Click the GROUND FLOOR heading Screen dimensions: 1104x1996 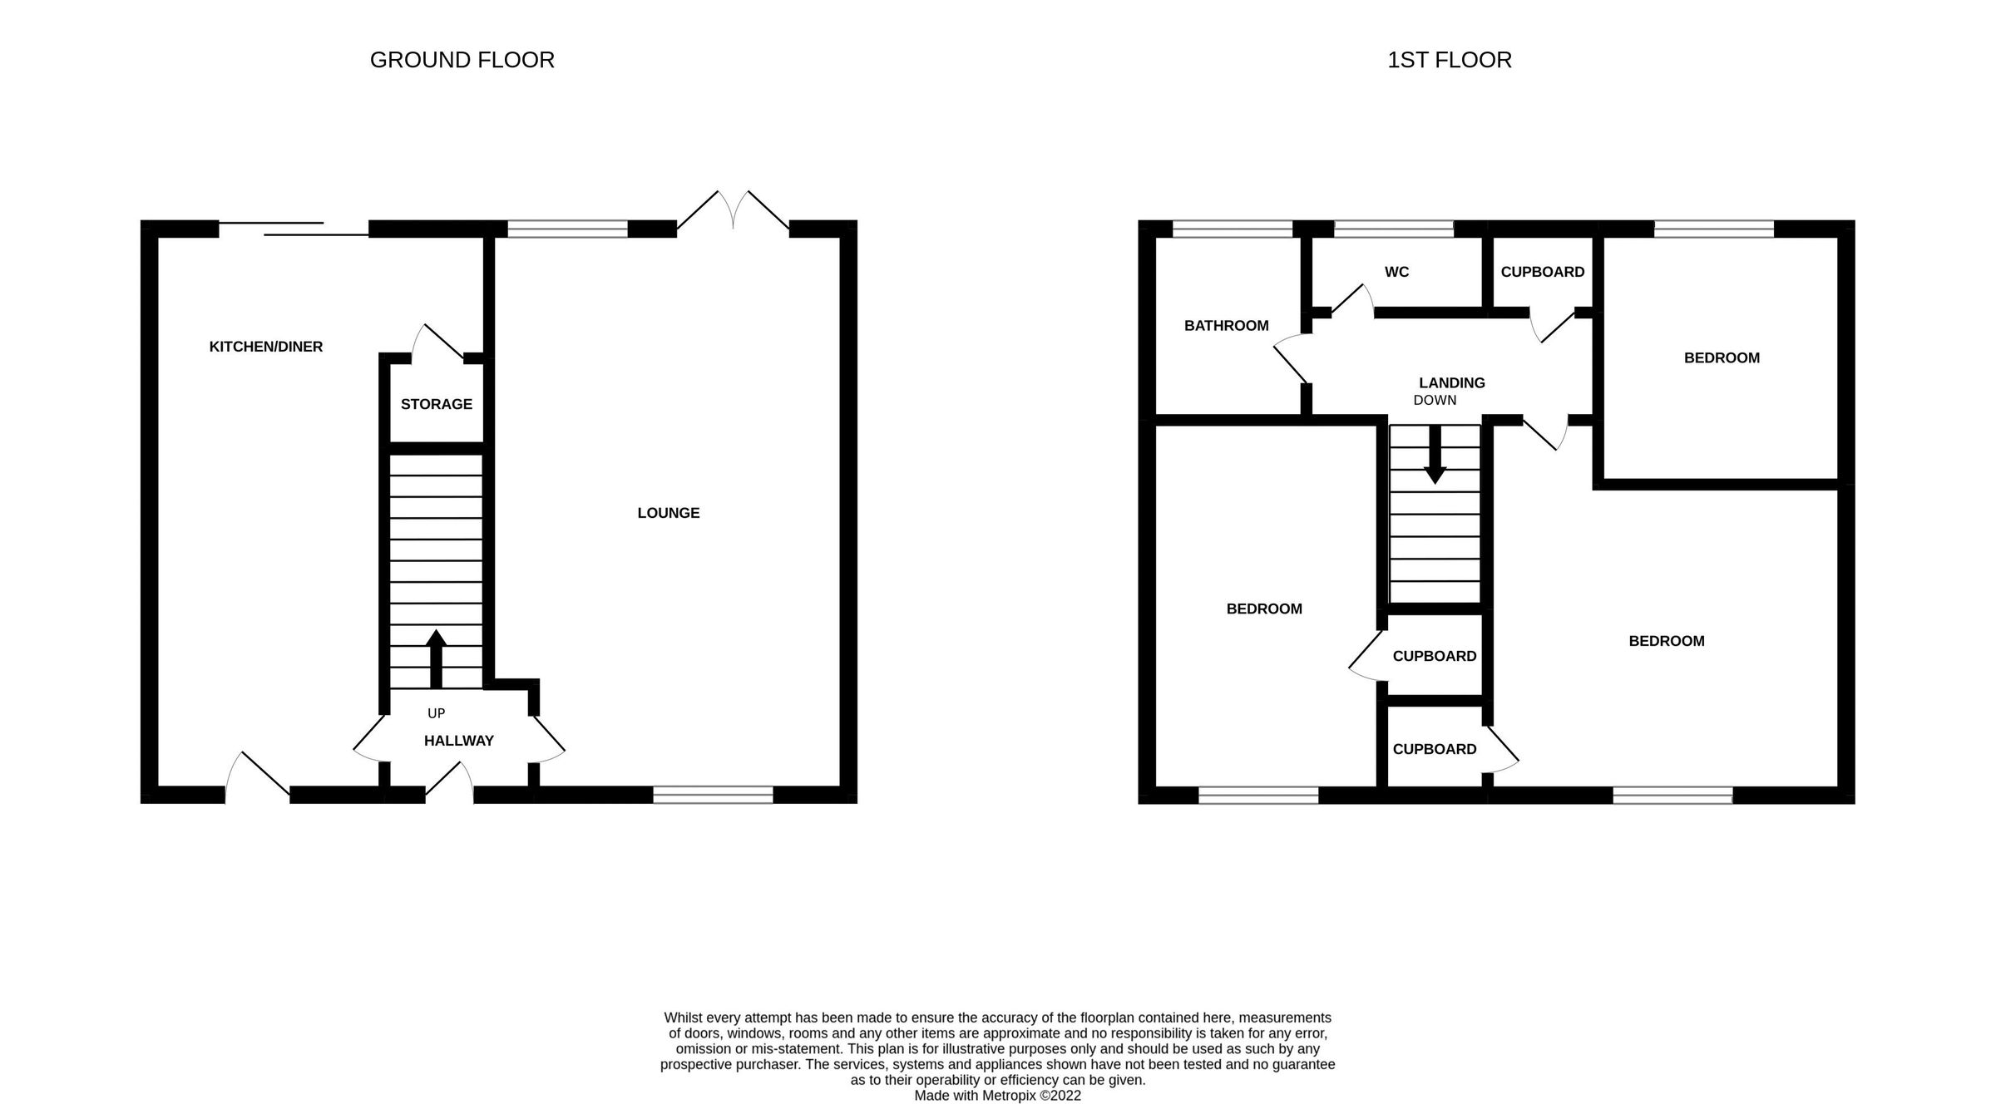pyautogui.click(x=462, y=60)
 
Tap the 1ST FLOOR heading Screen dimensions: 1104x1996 pyautogui.click(x=1449, y=60)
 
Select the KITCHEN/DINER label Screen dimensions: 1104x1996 pyautogui.click(x=265, y=347)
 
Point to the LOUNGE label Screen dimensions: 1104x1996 pyautogui.click(x=668, y=513)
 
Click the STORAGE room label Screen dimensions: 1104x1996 pyautogui.click(x=436, y=404)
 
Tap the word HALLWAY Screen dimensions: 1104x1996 pyautogui.click(x=458, y=741)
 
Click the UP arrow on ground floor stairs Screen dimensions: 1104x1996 pyautogui.click(x=436, y=658)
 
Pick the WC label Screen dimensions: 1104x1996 pyautogui.click(x=1396, y=272)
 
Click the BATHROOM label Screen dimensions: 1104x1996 pyautogui.click(x=1226, y=326)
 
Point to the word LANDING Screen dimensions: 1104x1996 pyautogui.click(x=1451, y=382)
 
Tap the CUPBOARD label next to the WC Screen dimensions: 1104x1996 pyautogui.click(x=1542, y=272)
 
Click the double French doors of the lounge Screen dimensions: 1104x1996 pyautogui.click(x=733, y=210)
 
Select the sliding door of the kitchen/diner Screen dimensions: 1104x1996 pyautogui.click(x=293, y=229)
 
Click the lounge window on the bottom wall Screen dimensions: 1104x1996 pyautogui.click(x=713, y=795)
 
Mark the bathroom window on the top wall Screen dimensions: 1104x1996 pyautogui.click(x=1233, y=229)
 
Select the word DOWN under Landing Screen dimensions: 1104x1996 pyautogui.click(x=1435, y=400)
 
